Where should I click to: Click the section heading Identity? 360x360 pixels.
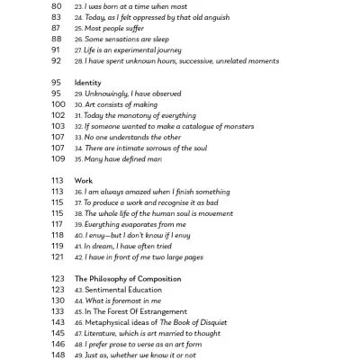pos(87,83)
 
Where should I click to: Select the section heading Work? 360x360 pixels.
pos(83,180)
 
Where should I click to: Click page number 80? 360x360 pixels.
pos(56,5)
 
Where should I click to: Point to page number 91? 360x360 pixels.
pos(56,49)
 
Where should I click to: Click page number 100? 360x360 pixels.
pos(58,104)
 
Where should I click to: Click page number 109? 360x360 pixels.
pos(58,158)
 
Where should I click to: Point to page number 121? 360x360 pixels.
pos(58,256)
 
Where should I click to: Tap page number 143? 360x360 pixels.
pos(58,322)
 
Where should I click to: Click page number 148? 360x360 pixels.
pos(58,355)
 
